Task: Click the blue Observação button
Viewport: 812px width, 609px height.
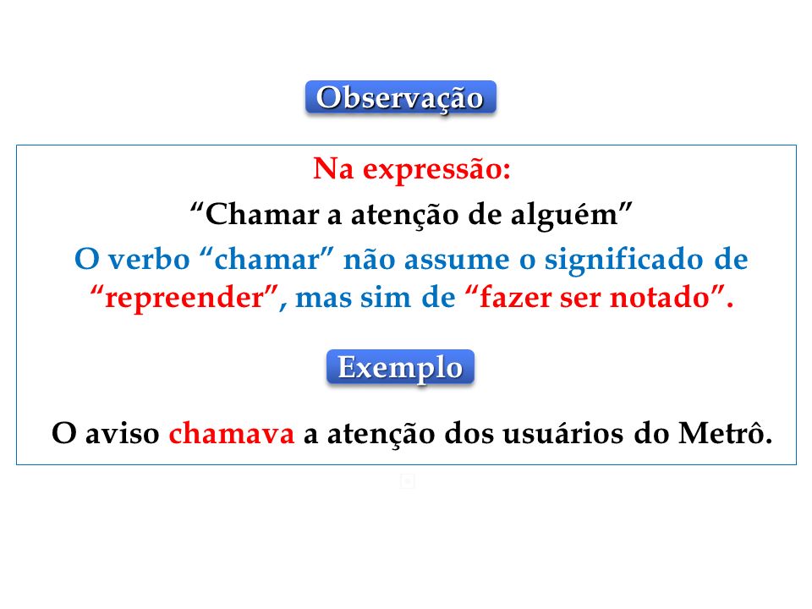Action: point(400,96)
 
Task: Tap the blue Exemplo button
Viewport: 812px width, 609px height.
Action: point(400,366)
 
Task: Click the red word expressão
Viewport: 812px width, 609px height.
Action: point(436,170)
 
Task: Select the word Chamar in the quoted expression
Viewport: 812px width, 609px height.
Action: point(262,214)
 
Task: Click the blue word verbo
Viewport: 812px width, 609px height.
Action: point(149,259)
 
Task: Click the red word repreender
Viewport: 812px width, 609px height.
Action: point(184,299)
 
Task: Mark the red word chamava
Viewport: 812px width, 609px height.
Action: point(232,433)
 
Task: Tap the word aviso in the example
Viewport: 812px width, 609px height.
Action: point(122,433)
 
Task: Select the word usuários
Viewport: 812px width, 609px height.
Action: point(563,433)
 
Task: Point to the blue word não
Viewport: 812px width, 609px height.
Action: point(370,260)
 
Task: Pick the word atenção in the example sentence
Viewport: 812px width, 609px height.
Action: point(381,434)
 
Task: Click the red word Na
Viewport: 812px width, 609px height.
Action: point(333,169)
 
